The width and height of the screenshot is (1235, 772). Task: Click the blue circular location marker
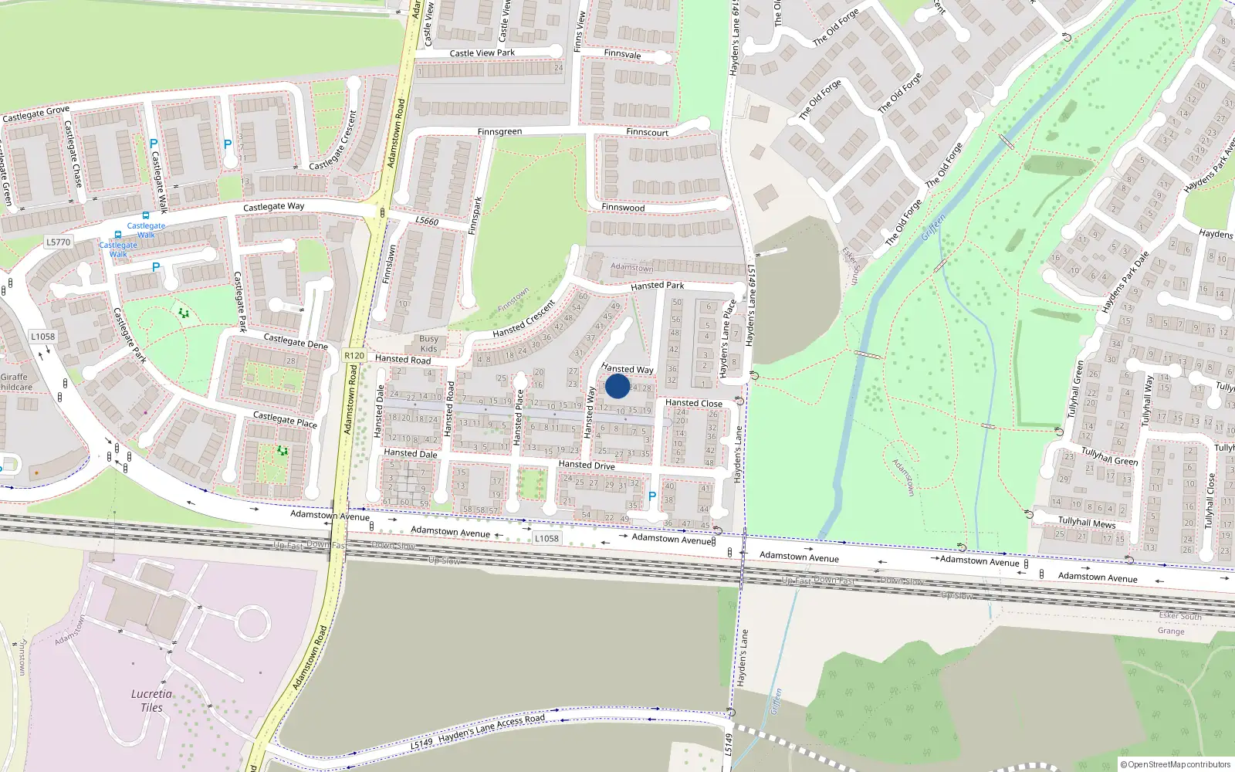pos(617,386)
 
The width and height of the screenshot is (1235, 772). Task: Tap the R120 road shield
pos(354,356)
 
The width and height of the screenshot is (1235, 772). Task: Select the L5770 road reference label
pos(58,242)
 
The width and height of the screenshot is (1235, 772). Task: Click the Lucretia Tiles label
pos(151,700)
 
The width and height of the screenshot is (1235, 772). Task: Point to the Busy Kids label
pos(428,344)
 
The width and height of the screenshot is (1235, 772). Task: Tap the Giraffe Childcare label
pos(15,382)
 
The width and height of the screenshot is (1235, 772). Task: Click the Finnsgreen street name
pos(499,132)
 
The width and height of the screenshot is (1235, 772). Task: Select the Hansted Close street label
pos(694,403)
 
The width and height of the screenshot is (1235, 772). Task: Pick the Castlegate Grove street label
pos(36,113)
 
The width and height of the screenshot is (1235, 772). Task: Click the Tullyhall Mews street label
pos(1087,523)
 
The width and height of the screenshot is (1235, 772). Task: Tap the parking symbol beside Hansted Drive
pos(652,496)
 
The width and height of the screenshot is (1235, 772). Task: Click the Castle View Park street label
pos(482,53)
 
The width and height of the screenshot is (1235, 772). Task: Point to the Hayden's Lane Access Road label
pos(492,727)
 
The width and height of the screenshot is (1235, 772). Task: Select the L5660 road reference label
pos(427,221)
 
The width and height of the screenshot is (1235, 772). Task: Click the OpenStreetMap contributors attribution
pos(1176,764)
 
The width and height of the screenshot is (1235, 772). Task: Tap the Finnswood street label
pos(623,208)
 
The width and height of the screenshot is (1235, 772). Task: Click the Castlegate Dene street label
pos(296,341)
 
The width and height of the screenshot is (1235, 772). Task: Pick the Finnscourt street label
pos(647,132)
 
